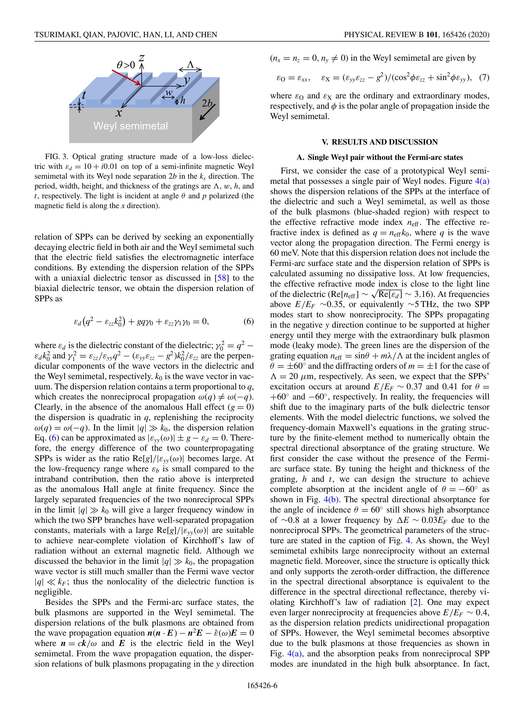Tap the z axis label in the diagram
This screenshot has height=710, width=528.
[x=141, y=58]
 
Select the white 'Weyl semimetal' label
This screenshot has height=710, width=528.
[x=131, y=126]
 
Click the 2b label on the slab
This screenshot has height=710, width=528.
[x=207, y=103]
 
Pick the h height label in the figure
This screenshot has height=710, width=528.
[x=183, y=101]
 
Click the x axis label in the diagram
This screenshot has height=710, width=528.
[x=119, y=113]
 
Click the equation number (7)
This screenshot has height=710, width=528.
[x=484, y=78]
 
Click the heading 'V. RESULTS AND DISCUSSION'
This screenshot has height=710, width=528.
[x=380, y=142]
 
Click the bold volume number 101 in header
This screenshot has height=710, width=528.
[x=432, y=35]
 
